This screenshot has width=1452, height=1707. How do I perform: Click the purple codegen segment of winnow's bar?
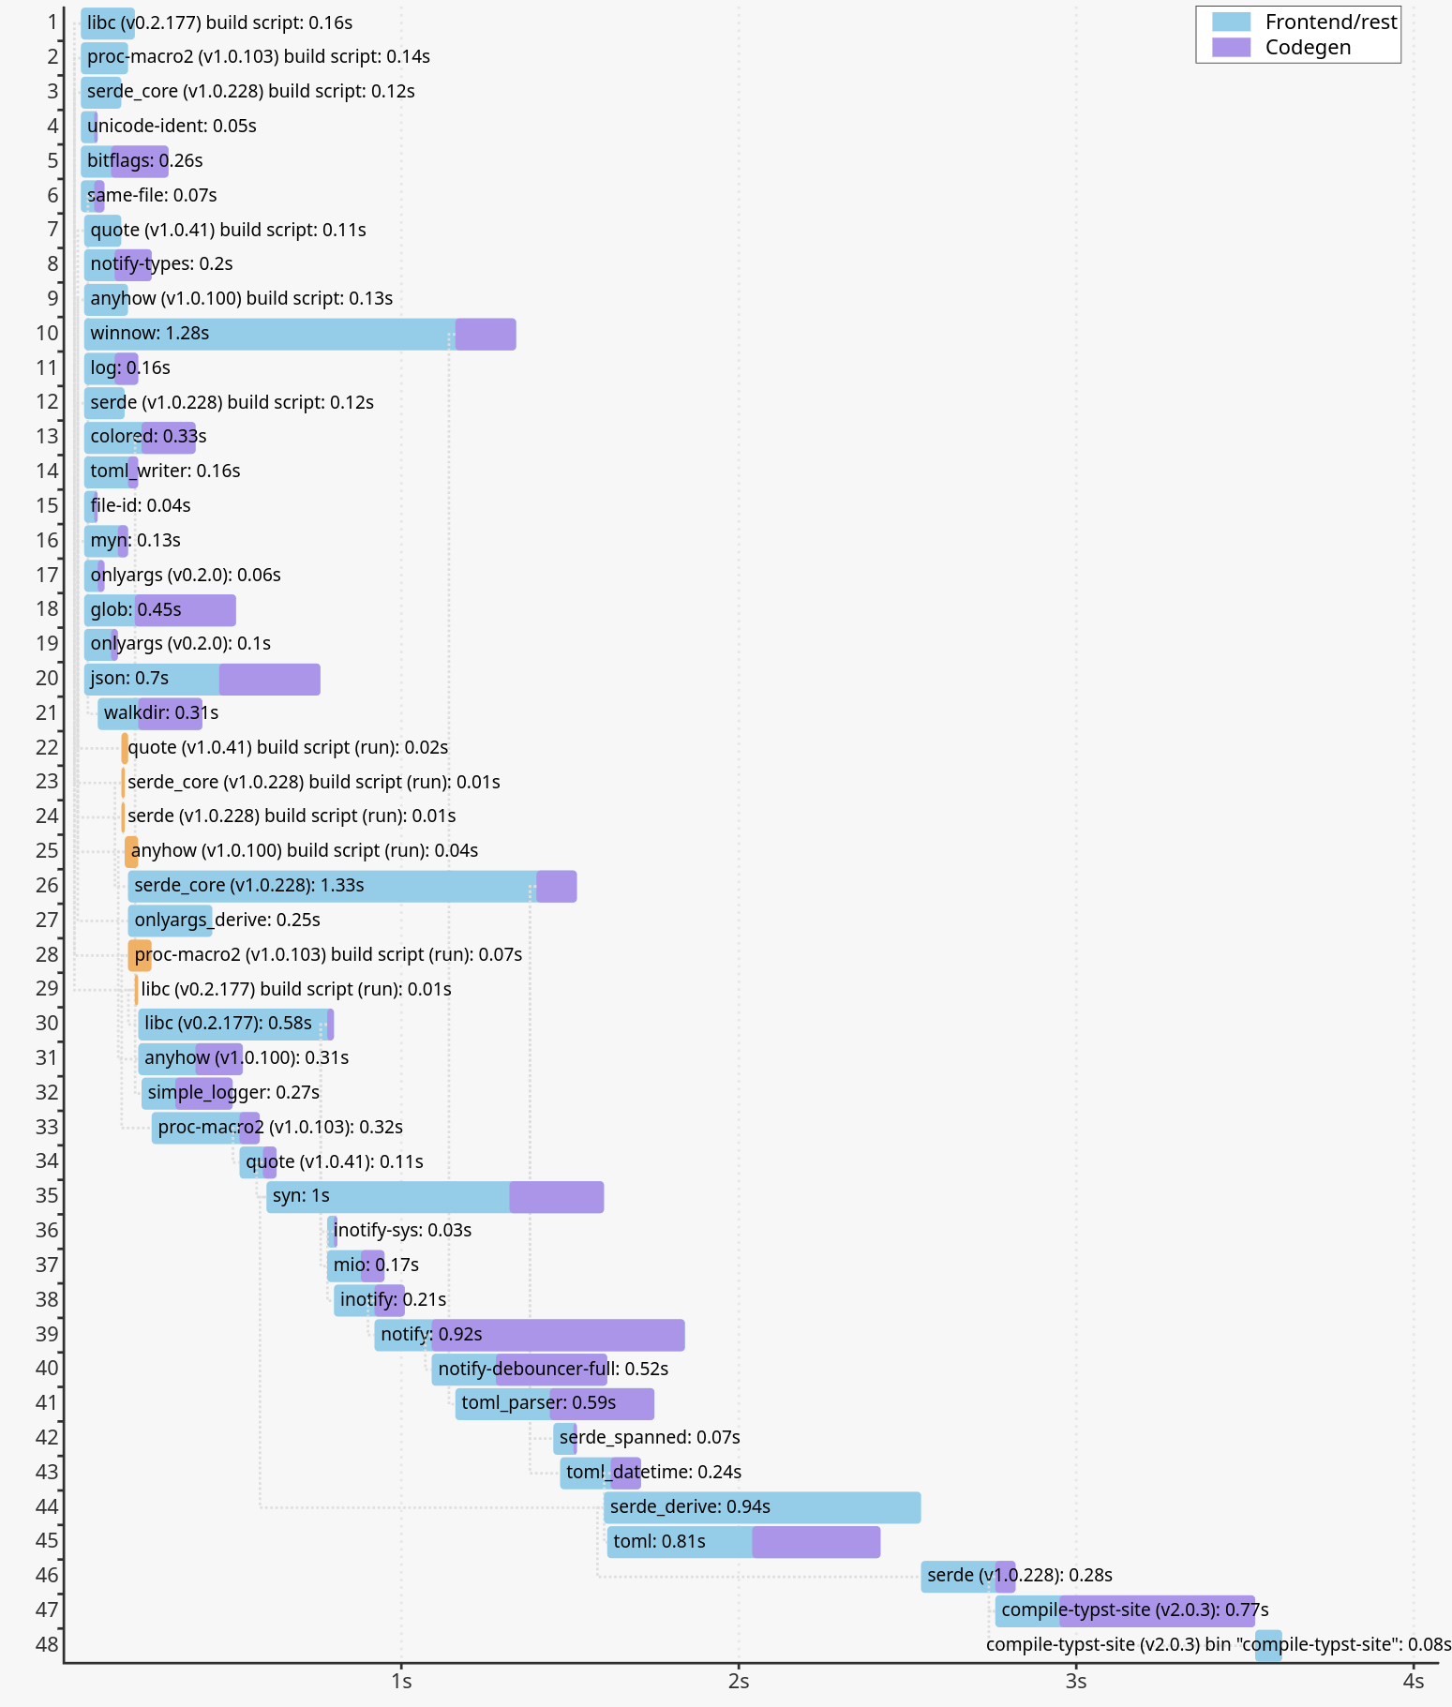(x=486, y=335)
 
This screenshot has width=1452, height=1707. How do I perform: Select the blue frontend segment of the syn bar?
(x=388, y=1197)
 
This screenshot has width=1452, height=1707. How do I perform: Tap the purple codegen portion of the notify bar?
(x=559, y=1335)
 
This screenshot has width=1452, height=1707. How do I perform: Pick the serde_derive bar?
(x=762, y=1507)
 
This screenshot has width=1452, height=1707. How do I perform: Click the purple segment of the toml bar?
(x=816, y=1542)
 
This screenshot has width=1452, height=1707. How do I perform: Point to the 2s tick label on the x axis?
(x=739, y=1681)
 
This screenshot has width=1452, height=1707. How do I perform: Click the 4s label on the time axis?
(x=1414, y=1681)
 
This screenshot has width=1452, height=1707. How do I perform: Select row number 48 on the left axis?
(x=47, y=1644)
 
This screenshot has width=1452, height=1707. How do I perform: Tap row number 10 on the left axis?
(x=47, y=334)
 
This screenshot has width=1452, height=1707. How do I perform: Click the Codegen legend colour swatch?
(x=1231, y=48)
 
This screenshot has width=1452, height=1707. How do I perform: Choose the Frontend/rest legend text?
(x=1331, y=22)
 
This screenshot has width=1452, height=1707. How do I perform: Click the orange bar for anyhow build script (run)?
(x=131, y=851)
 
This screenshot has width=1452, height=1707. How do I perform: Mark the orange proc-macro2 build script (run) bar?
(x=140, y=955)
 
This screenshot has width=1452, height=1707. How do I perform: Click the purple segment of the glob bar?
(x=186, y=610)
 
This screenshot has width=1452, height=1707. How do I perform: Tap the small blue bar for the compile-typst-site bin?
(x=1268, y=1645)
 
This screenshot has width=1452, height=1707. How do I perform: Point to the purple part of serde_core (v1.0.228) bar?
(x=557, y=886)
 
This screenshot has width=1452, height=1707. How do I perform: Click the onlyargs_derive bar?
(x=170, y=921)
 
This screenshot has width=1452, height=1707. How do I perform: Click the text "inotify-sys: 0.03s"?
(x=402, y=1231)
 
